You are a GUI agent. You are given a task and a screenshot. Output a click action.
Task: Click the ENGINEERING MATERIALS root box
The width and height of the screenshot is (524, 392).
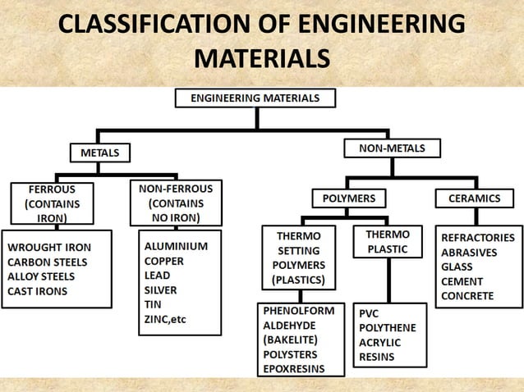tap(256, 98)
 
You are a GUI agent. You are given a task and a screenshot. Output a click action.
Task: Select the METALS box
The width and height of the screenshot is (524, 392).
tap(99, 153)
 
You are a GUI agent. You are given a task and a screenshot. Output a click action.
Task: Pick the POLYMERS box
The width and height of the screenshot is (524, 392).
tap(348, 198)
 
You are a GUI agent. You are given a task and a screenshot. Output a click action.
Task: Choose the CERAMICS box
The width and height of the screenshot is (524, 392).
tap(474, 198)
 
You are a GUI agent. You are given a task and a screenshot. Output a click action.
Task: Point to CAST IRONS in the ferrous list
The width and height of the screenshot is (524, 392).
tap(38, 290)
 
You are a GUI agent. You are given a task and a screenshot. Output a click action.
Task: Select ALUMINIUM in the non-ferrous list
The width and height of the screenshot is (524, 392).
tap(176, 246)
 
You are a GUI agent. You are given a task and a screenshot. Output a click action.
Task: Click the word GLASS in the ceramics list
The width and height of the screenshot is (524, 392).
tap(457, 267)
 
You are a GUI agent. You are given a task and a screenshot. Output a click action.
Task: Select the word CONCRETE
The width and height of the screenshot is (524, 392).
tap(467, 296)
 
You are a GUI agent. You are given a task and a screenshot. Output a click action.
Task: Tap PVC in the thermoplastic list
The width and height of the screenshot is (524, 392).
tap(369, 313)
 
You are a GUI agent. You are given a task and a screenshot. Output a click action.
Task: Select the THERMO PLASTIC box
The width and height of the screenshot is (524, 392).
tap(387, 242)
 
